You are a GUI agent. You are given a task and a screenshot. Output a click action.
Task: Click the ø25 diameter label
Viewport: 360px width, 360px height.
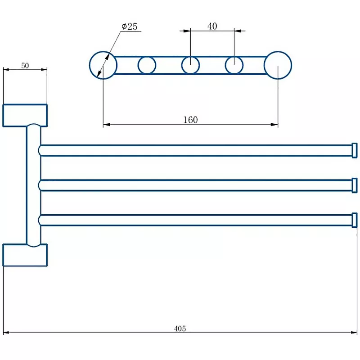tap(129, 27)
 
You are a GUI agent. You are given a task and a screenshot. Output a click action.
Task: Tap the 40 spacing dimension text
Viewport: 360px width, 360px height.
tap(212, 26)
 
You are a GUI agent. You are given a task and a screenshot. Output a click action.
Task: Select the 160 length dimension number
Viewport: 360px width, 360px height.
tap(190, 120)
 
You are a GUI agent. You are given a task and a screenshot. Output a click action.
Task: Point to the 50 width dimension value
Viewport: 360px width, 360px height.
tap(25, 66)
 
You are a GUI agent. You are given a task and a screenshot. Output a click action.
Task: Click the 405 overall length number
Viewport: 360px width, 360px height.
tap(180, 328)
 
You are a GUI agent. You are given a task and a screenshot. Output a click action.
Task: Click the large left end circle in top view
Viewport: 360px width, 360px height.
tap(90, 65)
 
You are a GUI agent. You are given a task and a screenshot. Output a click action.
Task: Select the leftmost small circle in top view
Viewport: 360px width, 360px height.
tap(138, 65)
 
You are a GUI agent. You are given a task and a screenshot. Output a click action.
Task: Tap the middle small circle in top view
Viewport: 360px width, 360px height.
tap(182, 65)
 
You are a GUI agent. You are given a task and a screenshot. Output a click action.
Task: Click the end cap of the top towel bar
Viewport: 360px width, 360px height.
tap(355, 150)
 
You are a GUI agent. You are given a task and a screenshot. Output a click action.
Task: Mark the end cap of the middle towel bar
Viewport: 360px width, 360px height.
tap(355, 185)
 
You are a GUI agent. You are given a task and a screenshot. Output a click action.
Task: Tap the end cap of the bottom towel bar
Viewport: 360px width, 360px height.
tap(355, 220)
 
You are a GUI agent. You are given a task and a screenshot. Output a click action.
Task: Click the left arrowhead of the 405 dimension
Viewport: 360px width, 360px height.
tap(6, 332)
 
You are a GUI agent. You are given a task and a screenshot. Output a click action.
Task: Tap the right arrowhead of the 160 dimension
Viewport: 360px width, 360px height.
tap(274, 125)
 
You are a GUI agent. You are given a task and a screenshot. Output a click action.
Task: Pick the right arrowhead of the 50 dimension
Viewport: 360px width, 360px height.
tap(44, 69)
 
